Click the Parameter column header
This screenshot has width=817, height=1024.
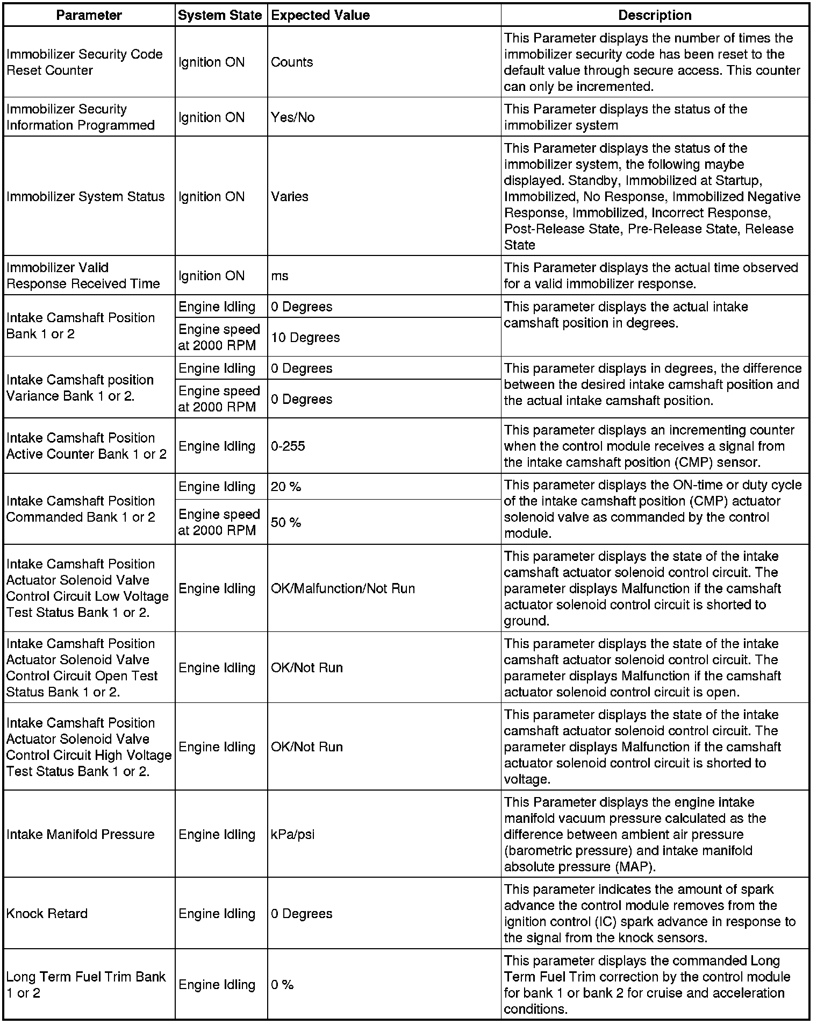tap(89, 15)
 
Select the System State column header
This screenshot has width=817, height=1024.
tap(220, 15)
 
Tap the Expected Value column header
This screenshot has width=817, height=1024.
tap(320, 15)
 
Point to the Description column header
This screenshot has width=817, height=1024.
tap(655, 15)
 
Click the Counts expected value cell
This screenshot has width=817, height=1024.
tap(292, 62)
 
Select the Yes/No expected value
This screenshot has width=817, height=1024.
tap(293, 117)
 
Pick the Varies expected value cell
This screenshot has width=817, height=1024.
tap(290, 196)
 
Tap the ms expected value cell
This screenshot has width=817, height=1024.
tap(279, 276)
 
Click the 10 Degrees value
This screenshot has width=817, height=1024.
tap(305, 337)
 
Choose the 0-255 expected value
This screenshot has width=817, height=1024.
tap(288, 446)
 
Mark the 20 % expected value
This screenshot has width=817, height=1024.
tap(286, 487)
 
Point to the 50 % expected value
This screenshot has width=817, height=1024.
tap(286, 522)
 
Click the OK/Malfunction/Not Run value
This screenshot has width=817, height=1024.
tap(343, 588)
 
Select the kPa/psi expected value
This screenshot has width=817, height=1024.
tap(293, 834)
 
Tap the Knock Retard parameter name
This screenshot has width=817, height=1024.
tap(47, 913)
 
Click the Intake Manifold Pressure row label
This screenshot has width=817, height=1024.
tap(80, 834)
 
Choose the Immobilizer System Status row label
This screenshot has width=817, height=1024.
tap(85, 196)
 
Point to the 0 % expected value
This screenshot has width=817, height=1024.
tap(282, 985)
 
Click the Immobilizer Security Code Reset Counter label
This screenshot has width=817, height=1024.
tap(84, 62)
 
